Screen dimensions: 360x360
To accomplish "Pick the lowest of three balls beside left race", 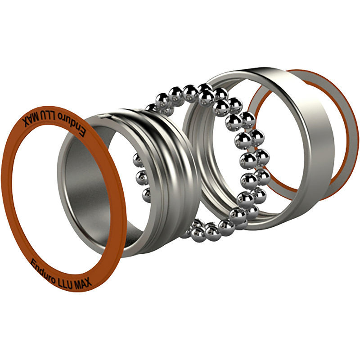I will (x=146, y=194).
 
